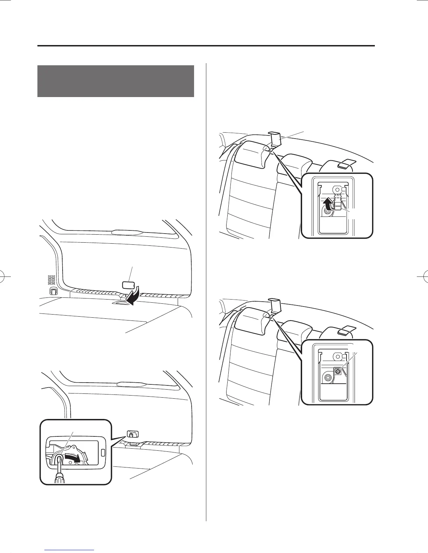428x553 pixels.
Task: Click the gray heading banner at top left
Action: tap(115, 81)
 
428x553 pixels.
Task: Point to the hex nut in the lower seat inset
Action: tap(328, 377)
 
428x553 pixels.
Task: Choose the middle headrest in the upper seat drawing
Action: tap(297, 164)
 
